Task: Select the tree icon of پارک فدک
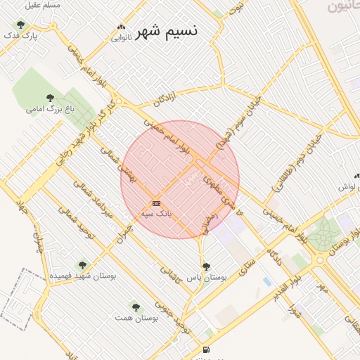pyautogui.click(x=20, y=25)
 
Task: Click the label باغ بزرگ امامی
pyautogui.click(x=50, y=109)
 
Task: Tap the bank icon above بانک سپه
pyautogui.click(x=156, y=203)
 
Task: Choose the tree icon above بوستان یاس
pyautogui.click(x=206, y=266)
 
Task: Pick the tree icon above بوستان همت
pyautogui.click(x=136, y=307)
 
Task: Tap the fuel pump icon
pyautogui.click(x=205, y=349)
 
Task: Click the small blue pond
pyautogui.click(x=266, y=282)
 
